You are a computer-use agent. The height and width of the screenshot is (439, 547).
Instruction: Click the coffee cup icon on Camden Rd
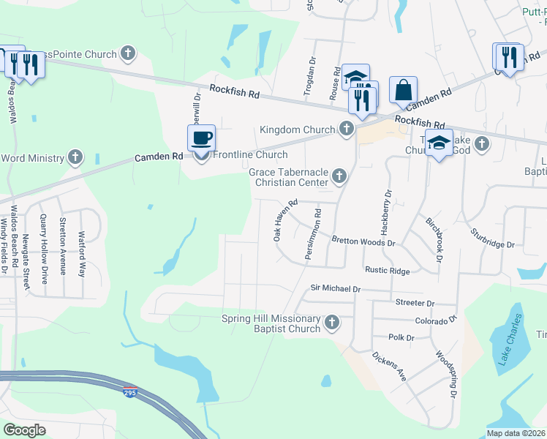(202, 138)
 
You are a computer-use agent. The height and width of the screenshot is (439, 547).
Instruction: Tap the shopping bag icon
(403, 90)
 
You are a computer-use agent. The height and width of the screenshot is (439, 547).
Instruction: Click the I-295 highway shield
(130, 391)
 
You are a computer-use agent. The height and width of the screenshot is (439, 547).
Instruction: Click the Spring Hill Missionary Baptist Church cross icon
(332, 323)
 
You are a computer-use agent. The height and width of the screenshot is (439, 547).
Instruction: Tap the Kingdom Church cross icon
(347, 130)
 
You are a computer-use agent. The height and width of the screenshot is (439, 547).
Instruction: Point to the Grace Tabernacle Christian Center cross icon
(339, 175)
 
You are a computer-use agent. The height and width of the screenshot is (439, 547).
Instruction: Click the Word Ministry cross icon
(75, 157)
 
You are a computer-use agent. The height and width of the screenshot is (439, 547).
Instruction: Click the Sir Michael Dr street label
(336, 289)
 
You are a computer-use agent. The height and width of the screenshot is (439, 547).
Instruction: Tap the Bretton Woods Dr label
(363, 241)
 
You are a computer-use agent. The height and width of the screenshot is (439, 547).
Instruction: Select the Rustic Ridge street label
(388, 271)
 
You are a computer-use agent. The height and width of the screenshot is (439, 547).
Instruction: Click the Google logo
(25, 430)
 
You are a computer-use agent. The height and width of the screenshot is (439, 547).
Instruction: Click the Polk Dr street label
(401, 338)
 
